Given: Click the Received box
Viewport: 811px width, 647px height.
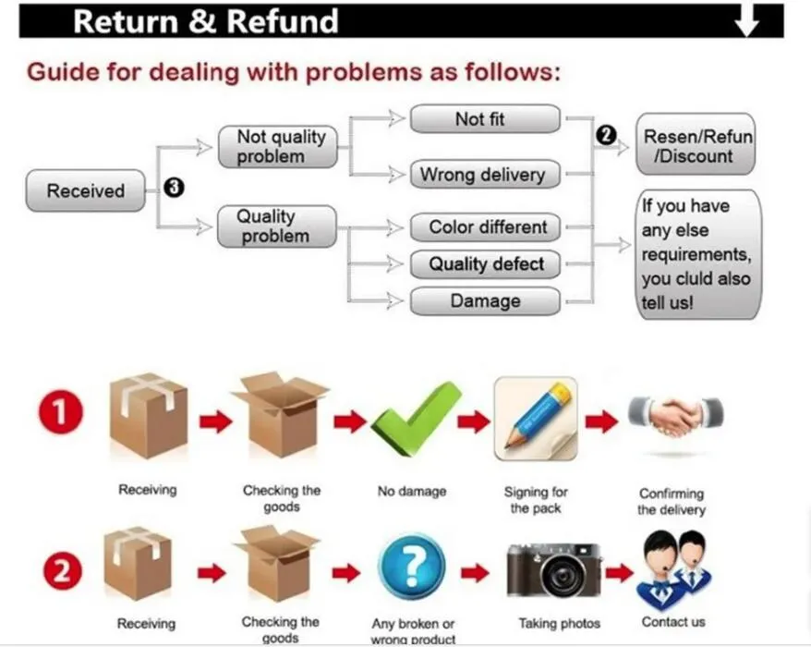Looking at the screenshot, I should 85,191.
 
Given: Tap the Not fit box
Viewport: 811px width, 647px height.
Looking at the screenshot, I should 484,119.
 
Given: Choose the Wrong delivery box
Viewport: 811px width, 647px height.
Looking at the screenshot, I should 484,174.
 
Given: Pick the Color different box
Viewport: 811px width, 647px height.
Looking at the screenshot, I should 484,227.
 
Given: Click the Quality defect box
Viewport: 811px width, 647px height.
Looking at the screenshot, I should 484,264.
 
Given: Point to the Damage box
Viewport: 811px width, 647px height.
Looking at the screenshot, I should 484,301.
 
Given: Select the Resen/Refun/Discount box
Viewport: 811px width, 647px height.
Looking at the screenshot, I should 696,146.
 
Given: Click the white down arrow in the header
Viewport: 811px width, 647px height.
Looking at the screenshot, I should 746,20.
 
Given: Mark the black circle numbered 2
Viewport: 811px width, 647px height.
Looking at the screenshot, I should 606,136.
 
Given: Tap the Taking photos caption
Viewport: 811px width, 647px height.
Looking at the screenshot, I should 559,624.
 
